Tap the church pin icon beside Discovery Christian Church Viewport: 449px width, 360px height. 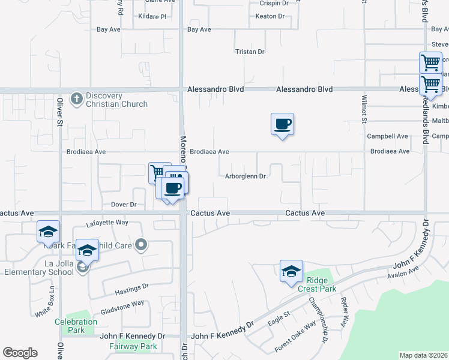point(76,98)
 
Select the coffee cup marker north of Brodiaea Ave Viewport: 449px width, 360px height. point(282,125)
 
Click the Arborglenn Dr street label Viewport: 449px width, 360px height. point(246,176)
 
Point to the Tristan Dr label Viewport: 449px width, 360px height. point(250,52)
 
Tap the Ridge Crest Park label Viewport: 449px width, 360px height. point(321,284)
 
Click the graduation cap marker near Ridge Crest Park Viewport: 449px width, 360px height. point(291,271)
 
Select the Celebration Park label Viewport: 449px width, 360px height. point(76,326)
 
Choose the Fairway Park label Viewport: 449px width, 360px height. point(133,346)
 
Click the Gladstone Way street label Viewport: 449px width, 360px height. point(122,303)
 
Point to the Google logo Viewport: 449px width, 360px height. point(20,353)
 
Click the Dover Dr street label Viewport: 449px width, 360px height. point(124,205)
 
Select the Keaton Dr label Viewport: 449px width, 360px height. point(270,16)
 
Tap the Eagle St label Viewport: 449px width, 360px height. point(279,318)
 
